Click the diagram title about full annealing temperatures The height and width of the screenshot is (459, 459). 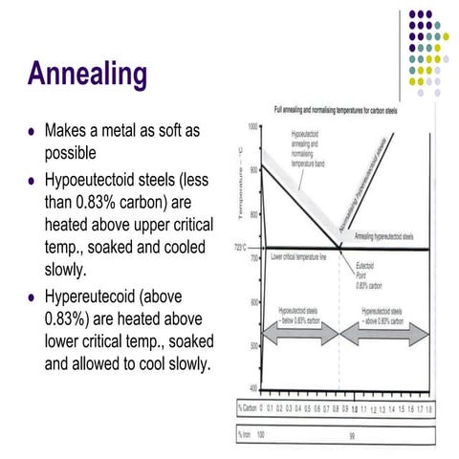(x=339, y=113)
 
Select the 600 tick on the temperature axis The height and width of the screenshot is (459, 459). (x=253, y=301)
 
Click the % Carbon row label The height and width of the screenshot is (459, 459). (x=246, y=407)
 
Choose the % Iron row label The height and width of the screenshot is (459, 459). (x=244, y=432)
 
